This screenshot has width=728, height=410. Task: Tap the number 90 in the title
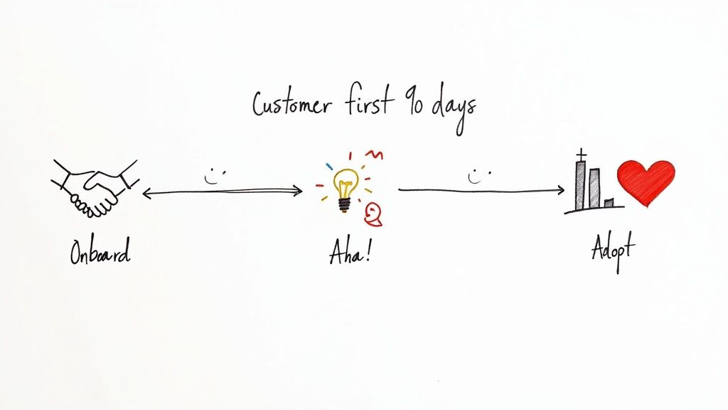point(412,105)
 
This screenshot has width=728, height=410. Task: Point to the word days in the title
point(452,108)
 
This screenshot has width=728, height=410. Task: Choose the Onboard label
point(100,252)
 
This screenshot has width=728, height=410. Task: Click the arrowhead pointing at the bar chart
point(560,191)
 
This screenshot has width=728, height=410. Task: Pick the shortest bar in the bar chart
point(609,204)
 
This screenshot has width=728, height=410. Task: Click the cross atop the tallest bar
point(581,154)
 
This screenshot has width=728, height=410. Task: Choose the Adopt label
point(613,251)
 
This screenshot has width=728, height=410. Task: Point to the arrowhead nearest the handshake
point(146,192)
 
